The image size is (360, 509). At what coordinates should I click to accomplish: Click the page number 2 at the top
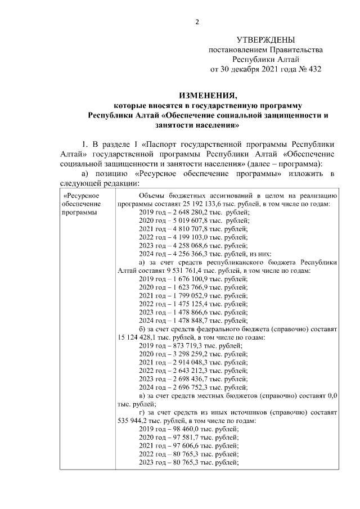(197, 22)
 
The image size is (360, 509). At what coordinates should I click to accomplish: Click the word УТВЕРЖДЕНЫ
(265, 40)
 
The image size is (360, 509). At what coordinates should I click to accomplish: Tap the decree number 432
(313, 69)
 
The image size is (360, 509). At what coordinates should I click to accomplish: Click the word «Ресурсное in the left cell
(81, 195)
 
